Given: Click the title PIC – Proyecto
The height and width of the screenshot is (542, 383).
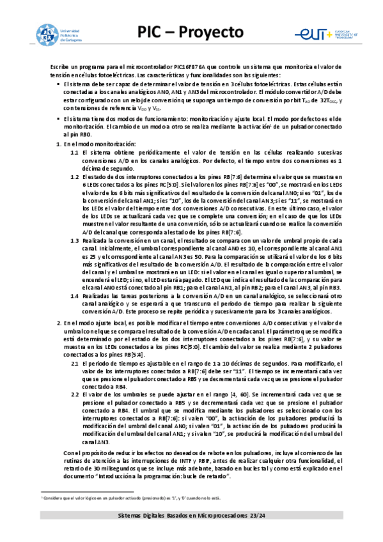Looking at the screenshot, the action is click(x=191, y=32).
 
